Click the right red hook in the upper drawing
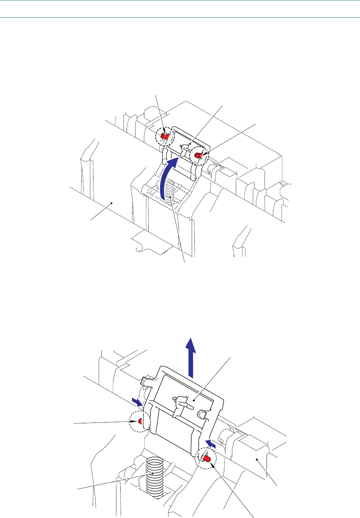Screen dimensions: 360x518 (200, 156)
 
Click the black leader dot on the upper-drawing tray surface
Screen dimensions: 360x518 (112, 203)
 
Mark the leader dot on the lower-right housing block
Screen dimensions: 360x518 (257, 459)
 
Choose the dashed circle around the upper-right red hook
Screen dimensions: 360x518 (200, 156)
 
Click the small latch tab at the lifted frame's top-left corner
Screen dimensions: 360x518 (146, 381)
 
